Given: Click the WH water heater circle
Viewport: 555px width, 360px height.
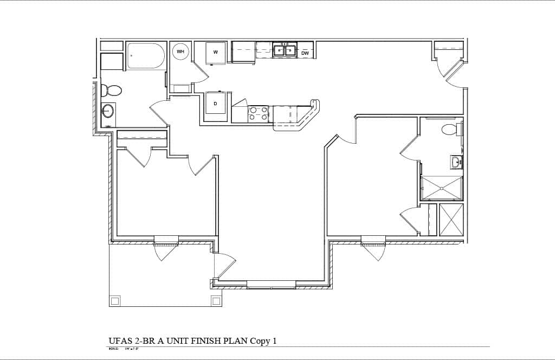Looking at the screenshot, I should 180,52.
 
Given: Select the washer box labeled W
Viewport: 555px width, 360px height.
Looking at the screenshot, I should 215,53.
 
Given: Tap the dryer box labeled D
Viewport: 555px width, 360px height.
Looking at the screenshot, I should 215,103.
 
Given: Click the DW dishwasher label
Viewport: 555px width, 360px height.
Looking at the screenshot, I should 305,53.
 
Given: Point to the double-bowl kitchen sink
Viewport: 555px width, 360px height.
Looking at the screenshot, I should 284,51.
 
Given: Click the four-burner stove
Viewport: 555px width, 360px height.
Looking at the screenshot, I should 258,113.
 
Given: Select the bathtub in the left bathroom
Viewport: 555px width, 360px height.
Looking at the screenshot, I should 146,56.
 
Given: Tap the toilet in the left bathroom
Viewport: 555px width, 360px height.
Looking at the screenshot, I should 112,90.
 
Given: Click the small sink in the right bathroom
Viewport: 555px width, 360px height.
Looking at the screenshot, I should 456,162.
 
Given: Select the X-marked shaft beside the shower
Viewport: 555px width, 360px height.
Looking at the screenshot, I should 451,219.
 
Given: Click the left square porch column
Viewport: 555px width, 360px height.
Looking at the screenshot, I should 115,300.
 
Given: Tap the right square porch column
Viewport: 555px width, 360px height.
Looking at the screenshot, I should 216,300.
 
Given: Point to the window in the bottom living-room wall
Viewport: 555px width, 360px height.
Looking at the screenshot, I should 271,284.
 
